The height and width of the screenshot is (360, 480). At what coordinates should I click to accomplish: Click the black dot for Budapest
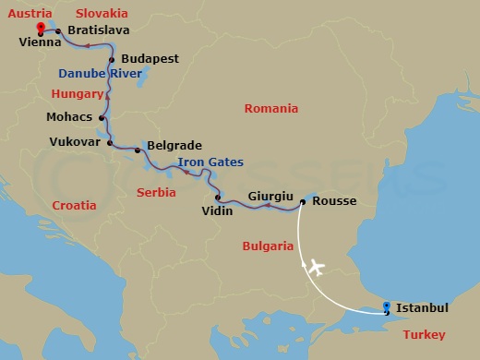[x=112, y=60]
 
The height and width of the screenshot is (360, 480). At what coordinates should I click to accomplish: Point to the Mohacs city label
[x=69, y=117]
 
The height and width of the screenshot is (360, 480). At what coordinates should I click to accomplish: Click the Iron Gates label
[x=210, y=162]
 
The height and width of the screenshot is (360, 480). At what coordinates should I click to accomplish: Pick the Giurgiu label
[x=270, y=196]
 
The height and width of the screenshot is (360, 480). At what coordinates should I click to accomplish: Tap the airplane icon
[x=315, y=268]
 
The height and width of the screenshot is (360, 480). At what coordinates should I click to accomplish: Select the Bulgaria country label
[x=267, y=246]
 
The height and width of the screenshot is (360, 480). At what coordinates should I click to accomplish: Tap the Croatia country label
[x=74, y=205]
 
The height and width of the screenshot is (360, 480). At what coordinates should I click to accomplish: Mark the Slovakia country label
[x=102, y=13]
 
